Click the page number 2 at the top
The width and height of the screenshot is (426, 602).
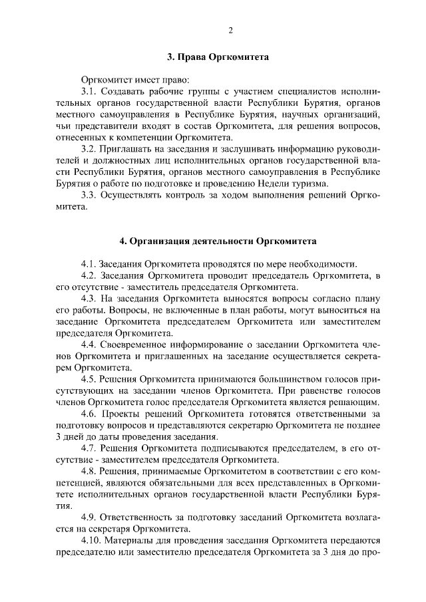(230, 30)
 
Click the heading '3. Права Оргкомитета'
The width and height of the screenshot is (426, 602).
(218, 58)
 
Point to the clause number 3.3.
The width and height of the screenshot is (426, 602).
(89, 195)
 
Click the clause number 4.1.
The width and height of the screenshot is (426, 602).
(89, 261)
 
